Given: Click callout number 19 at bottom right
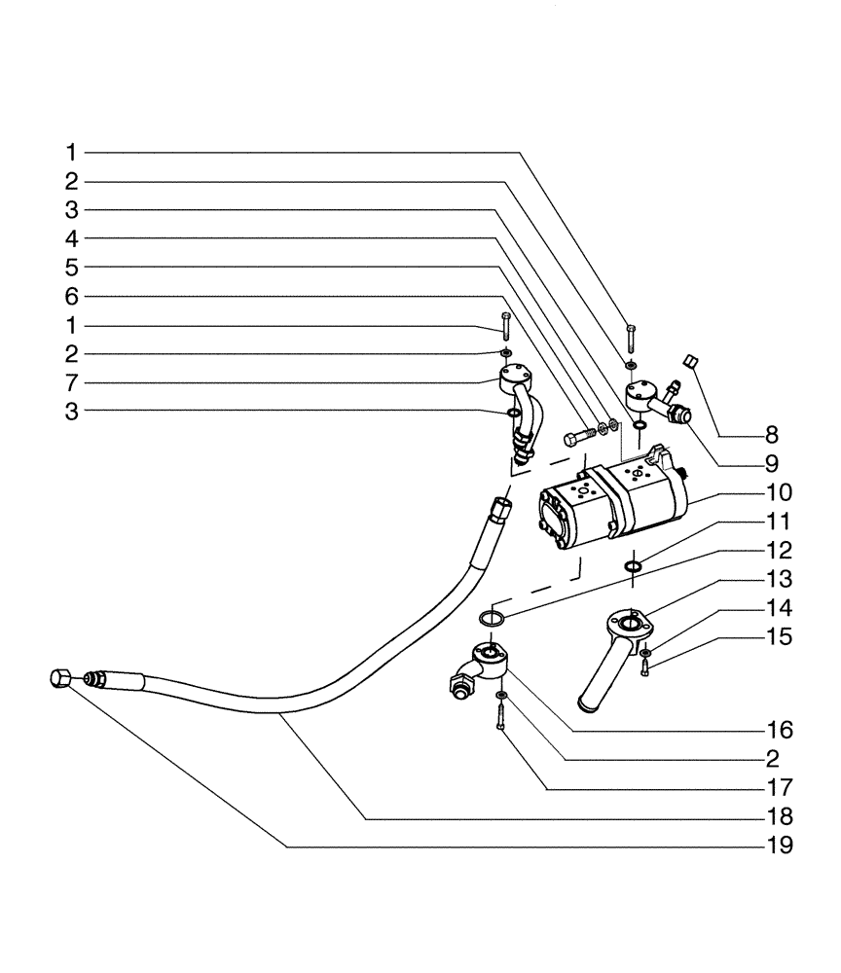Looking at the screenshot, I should coord(780,846).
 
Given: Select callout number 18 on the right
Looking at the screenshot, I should coord(780,816).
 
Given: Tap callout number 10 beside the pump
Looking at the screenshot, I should coord(780,491).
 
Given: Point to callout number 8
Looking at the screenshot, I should coord(772,433).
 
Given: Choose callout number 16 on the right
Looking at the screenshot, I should coord(780,729).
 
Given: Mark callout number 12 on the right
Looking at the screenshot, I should coord(780,550).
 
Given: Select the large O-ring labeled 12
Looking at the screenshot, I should coord(493,618).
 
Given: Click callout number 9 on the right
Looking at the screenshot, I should coord(772,462).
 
